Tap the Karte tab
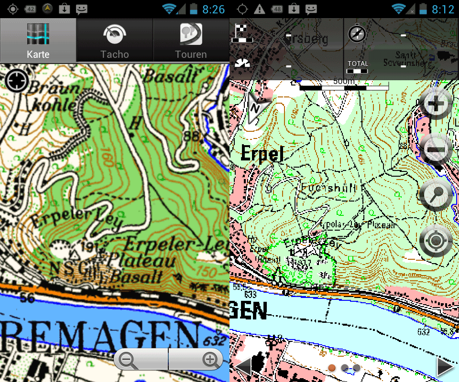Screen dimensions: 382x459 [38, 41]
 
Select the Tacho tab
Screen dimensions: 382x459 [115, 41]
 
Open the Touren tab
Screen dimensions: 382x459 [191, 41]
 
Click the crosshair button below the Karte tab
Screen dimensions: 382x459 [17, 81]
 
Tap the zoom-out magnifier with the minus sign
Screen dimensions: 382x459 [128, 360]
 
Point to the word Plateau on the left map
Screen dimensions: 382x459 [141, 261]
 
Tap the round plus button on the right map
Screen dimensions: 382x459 [436, 103]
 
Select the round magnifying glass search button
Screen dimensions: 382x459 [436, 195]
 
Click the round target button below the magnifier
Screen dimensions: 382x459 [436, 241]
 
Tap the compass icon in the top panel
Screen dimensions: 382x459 [356, 33]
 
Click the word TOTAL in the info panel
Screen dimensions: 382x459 [358, 64]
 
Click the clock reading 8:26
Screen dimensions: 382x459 [213, 9]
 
